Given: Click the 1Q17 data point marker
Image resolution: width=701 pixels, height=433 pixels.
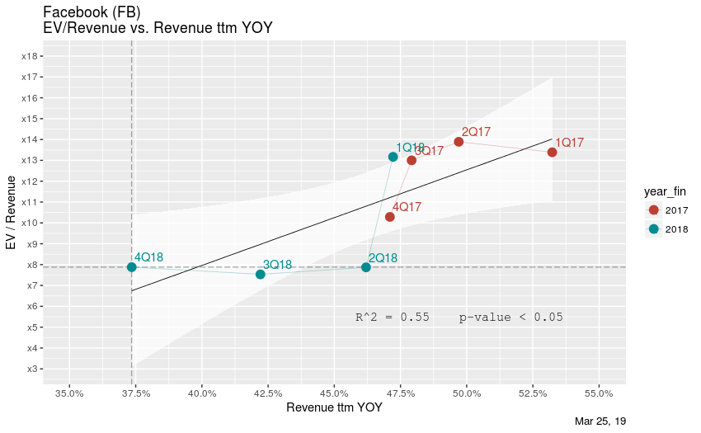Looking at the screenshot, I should click(x=552, y=152).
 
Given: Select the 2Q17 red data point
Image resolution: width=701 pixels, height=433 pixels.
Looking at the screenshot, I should click(x=459, y=142).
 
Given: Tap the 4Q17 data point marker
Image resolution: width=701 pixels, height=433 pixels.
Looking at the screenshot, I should click(x=390, y=217).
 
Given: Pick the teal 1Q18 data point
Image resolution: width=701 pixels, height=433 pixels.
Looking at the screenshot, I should click(x=393, y=157).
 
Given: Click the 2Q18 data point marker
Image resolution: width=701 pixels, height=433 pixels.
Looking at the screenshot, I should click(x=366, y=267).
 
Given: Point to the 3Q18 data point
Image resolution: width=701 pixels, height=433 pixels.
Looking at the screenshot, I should click(x=261, y=274).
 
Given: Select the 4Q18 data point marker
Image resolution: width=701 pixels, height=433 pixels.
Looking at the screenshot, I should click(x=131, y=267).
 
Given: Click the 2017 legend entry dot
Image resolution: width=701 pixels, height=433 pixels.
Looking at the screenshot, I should click(x=654, y=210).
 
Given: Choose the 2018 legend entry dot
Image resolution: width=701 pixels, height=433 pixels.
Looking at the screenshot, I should click(x=654, y=228).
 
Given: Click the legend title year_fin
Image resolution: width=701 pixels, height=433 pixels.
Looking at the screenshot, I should click(x=666, y=191).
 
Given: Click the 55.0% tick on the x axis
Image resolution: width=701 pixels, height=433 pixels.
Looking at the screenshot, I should click(x=599, y=393).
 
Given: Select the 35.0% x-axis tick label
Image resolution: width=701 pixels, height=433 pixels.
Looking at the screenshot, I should click(x=69, y=393).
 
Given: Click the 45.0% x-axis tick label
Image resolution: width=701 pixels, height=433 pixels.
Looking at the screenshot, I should click(x=334, y=393).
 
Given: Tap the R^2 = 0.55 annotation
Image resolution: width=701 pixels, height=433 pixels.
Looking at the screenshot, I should click(x=392, y=317).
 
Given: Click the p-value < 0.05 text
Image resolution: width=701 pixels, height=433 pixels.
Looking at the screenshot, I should click(x=510, y=317).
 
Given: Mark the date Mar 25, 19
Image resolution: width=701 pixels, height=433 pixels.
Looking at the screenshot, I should click(x=600, y=421).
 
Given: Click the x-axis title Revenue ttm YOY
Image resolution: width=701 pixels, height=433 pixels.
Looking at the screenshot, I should click(x=333, y=407).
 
